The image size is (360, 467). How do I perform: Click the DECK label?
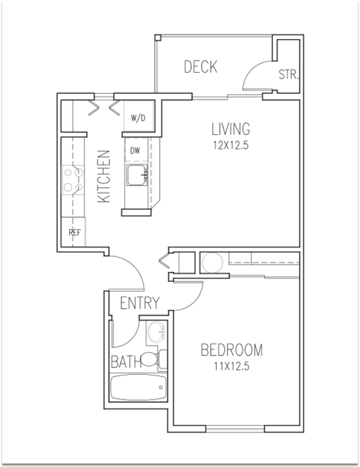(201, 67)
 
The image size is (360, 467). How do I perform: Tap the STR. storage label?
(288, 75)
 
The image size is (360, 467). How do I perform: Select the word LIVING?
(230, 129)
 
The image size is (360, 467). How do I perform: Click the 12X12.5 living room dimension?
(230, 145)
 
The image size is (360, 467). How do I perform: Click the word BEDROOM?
(232, 350)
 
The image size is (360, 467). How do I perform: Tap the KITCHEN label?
(104, 177)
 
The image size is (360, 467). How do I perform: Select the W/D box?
(138, 118)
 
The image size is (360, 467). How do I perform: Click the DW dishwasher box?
(136, 151)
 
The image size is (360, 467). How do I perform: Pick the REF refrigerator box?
(75, 232)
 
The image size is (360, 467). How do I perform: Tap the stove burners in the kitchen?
(72, 178)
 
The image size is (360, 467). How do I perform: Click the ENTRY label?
(139, 304)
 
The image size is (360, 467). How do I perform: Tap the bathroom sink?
(155, 332)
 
